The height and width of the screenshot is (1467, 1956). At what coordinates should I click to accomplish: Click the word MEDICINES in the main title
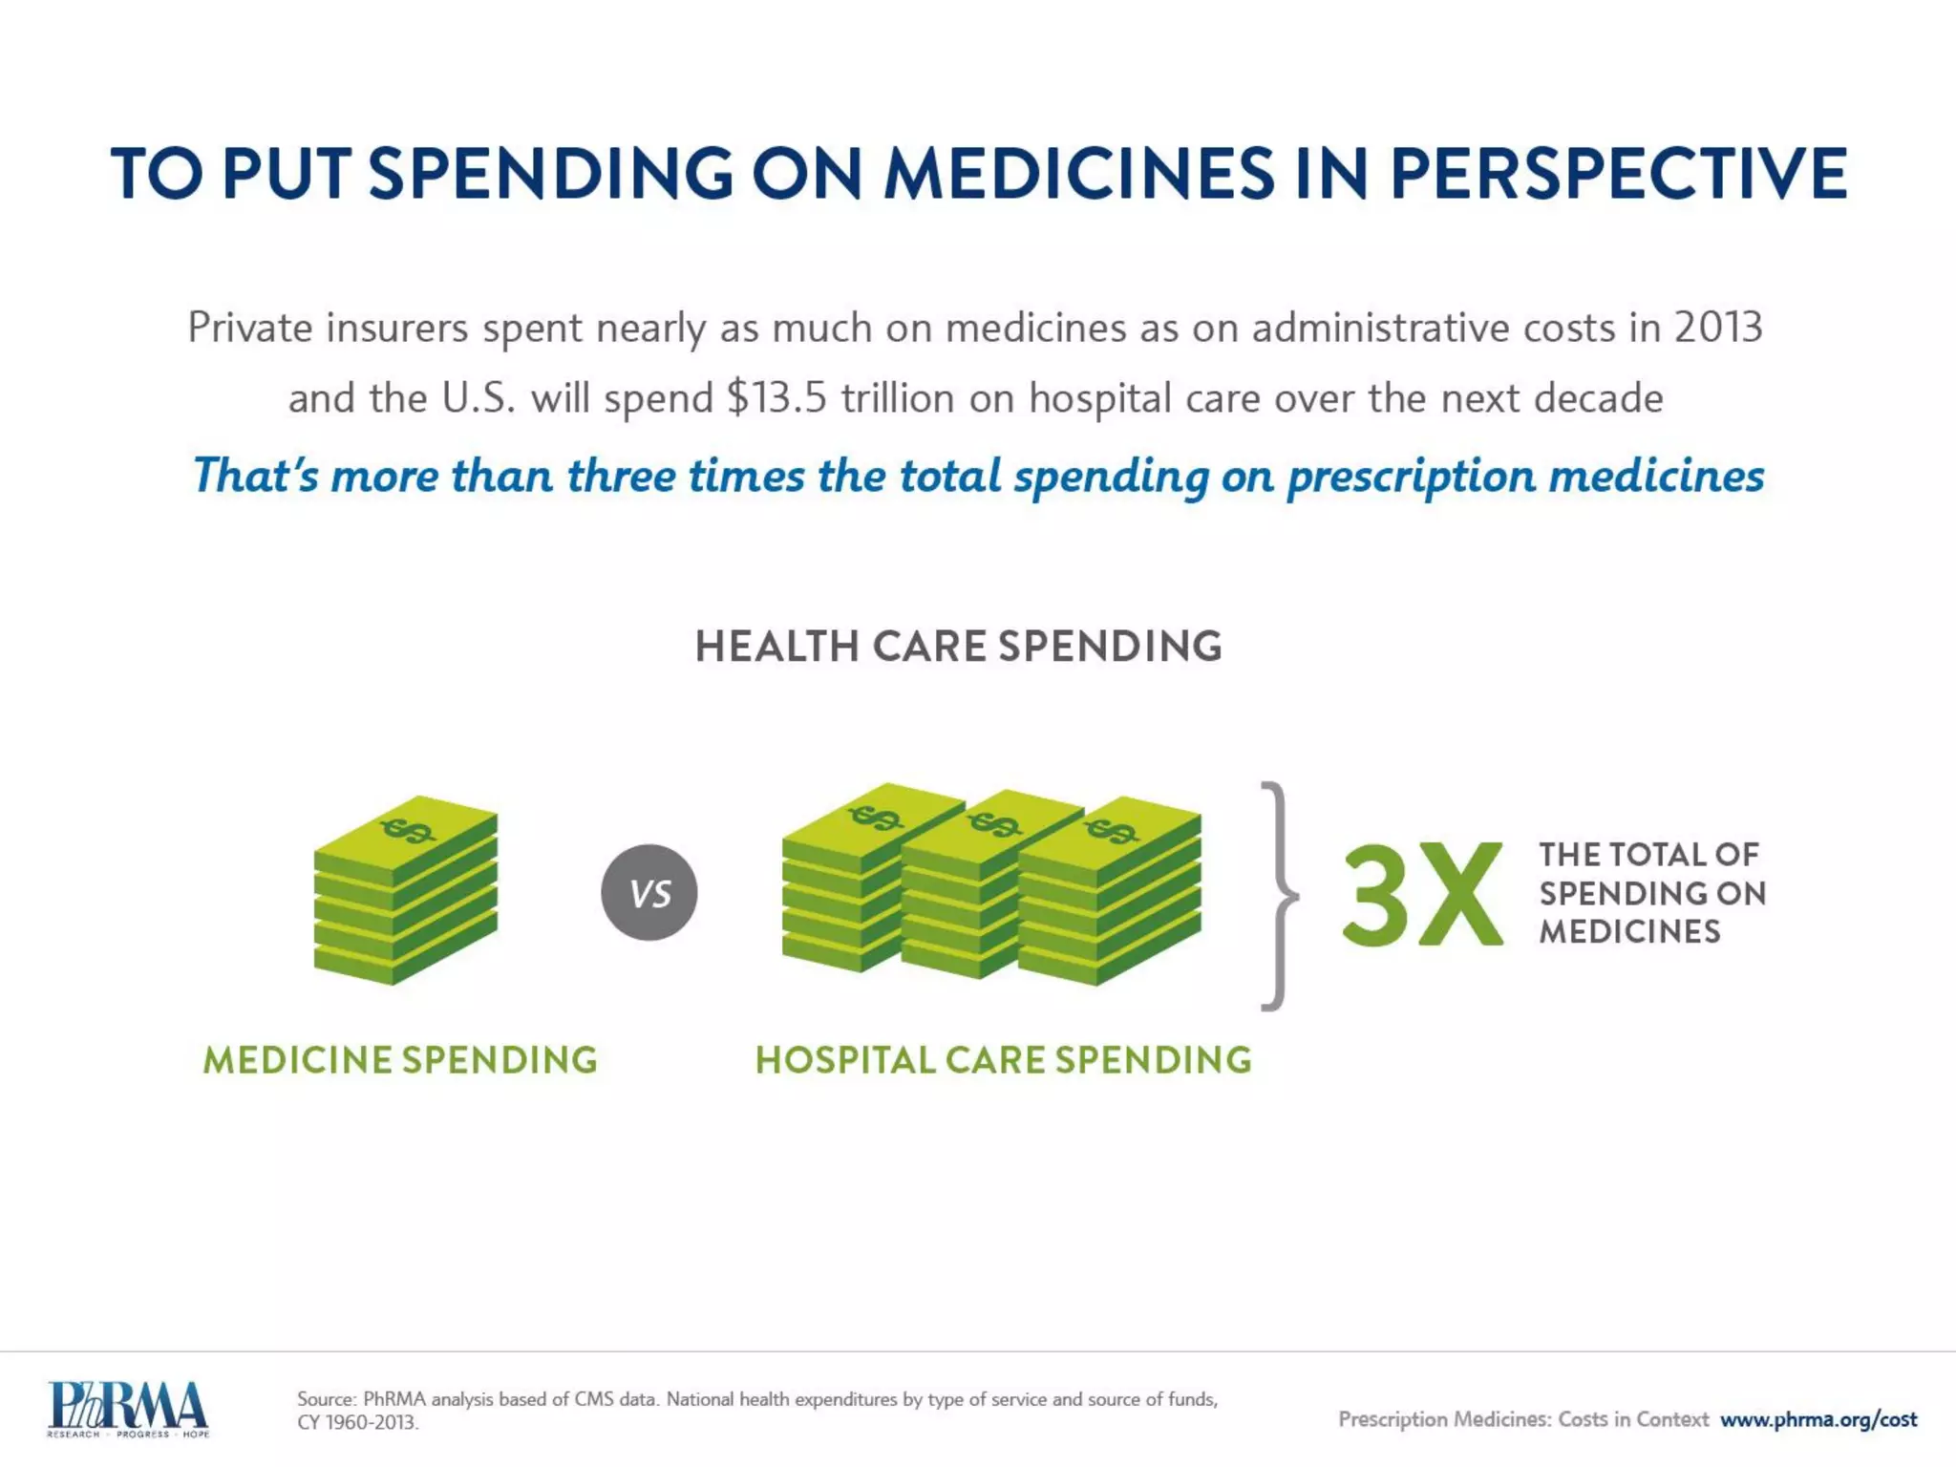(x=1078, y=174)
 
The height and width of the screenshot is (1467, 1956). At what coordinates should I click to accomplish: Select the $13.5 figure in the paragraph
(x=776, y=398)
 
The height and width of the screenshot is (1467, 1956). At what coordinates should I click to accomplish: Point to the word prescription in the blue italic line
(x=1411, y=476)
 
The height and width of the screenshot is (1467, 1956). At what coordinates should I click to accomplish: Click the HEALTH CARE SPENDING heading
(x=958, y=647)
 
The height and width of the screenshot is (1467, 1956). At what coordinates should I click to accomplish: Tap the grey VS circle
(x=649, y=893)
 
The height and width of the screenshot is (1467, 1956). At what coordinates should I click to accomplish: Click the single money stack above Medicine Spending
(x=405, y=890)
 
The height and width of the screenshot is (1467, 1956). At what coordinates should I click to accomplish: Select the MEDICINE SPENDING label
(x=400, y=1060)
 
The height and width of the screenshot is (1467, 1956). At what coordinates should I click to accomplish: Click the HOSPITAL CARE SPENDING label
(x=1003, y=1060)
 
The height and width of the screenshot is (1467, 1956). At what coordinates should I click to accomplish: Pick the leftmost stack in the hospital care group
(x=840, y=879)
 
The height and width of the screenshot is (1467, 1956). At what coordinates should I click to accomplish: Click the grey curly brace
(x=1278, y=896)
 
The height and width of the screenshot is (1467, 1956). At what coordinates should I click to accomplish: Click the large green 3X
(x=1422, y=896)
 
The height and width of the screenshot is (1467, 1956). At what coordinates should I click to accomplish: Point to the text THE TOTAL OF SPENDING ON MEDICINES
(x=1651, y=893)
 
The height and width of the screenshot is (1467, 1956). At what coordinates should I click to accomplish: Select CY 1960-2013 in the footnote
(x=357, y=1422)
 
